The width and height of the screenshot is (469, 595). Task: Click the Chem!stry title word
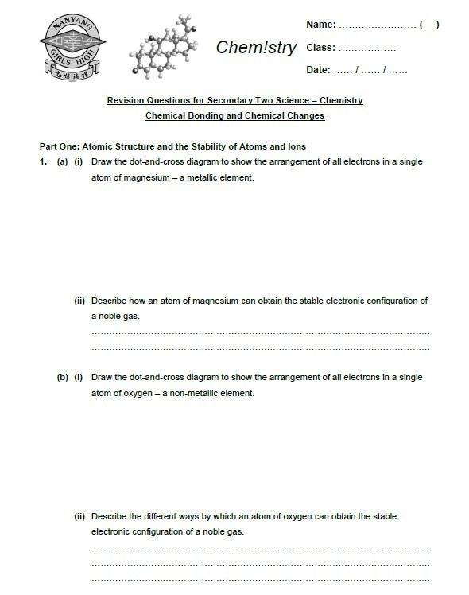(256, 48)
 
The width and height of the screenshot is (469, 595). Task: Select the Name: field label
(320, 25)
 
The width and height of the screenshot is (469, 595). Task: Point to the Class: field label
(320, 48)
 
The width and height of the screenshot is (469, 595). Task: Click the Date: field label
(318, 70)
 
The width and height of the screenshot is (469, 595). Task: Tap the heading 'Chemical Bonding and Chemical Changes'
(234, 116)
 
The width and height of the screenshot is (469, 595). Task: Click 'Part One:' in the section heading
(59, 146)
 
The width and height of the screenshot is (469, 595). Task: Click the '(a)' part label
(61, 161)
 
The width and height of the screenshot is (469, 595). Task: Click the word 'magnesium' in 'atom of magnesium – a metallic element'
(144, 177)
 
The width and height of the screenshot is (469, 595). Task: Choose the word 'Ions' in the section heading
(296, 146)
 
